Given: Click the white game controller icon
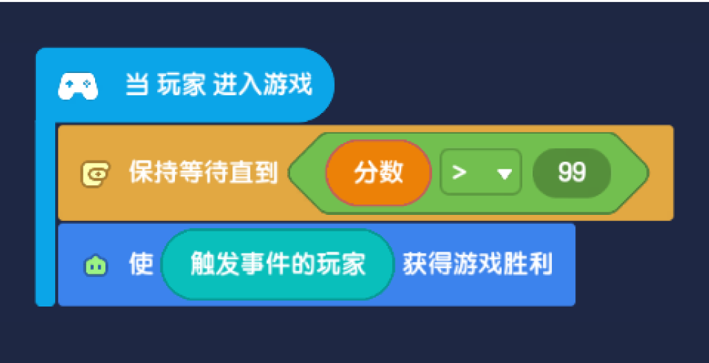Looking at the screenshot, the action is tap(78, 86).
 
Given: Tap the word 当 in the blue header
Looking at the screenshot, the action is tap(136, 85).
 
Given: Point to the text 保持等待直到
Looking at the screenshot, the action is tap(203, 173).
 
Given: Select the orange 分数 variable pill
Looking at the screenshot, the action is tap(378, 173).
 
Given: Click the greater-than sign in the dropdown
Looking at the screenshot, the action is tap(460, 173).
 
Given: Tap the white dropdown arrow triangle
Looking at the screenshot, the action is tap(504, 174).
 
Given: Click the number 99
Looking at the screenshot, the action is tap(572, 173).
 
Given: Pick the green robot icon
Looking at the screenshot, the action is tap(96, 266).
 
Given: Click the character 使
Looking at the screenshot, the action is tap(141, 265).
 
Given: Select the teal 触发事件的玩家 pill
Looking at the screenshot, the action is tap(277, 265).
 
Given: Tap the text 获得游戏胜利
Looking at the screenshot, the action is tap(477, 265).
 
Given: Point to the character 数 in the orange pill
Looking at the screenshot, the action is tap(391, 173).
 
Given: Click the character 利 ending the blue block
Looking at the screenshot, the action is tap(541, 265).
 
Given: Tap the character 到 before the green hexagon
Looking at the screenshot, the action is tap(266, 173).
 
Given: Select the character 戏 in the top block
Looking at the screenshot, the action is tap(300, 85).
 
